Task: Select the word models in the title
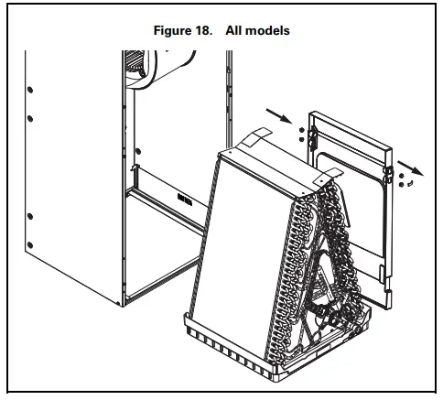click(268, 30)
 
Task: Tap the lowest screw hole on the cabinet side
click(29, 243)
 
